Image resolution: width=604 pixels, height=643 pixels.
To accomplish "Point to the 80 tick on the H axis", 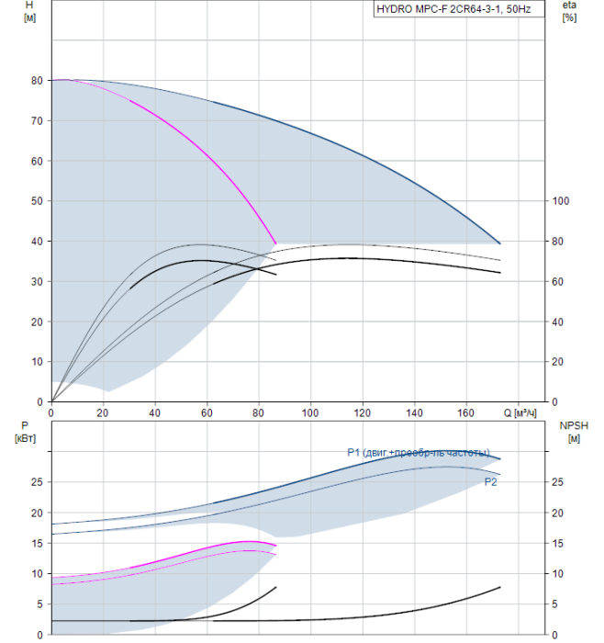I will (37, 80).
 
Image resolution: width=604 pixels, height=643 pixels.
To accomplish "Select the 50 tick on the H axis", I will (37, 201).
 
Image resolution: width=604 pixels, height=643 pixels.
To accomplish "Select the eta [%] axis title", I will (569, 11).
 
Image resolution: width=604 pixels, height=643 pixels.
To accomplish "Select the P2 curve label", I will (491, 480).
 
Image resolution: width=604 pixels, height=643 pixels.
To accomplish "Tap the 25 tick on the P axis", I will (37, 481).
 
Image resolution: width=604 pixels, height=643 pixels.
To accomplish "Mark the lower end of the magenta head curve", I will (275, 243).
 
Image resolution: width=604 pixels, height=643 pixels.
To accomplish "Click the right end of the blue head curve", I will (500, 243).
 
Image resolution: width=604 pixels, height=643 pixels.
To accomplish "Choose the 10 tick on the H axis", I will (37, 362).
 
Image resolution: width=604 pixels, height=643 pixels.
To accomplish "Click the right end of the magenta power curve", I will (275, 546).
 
